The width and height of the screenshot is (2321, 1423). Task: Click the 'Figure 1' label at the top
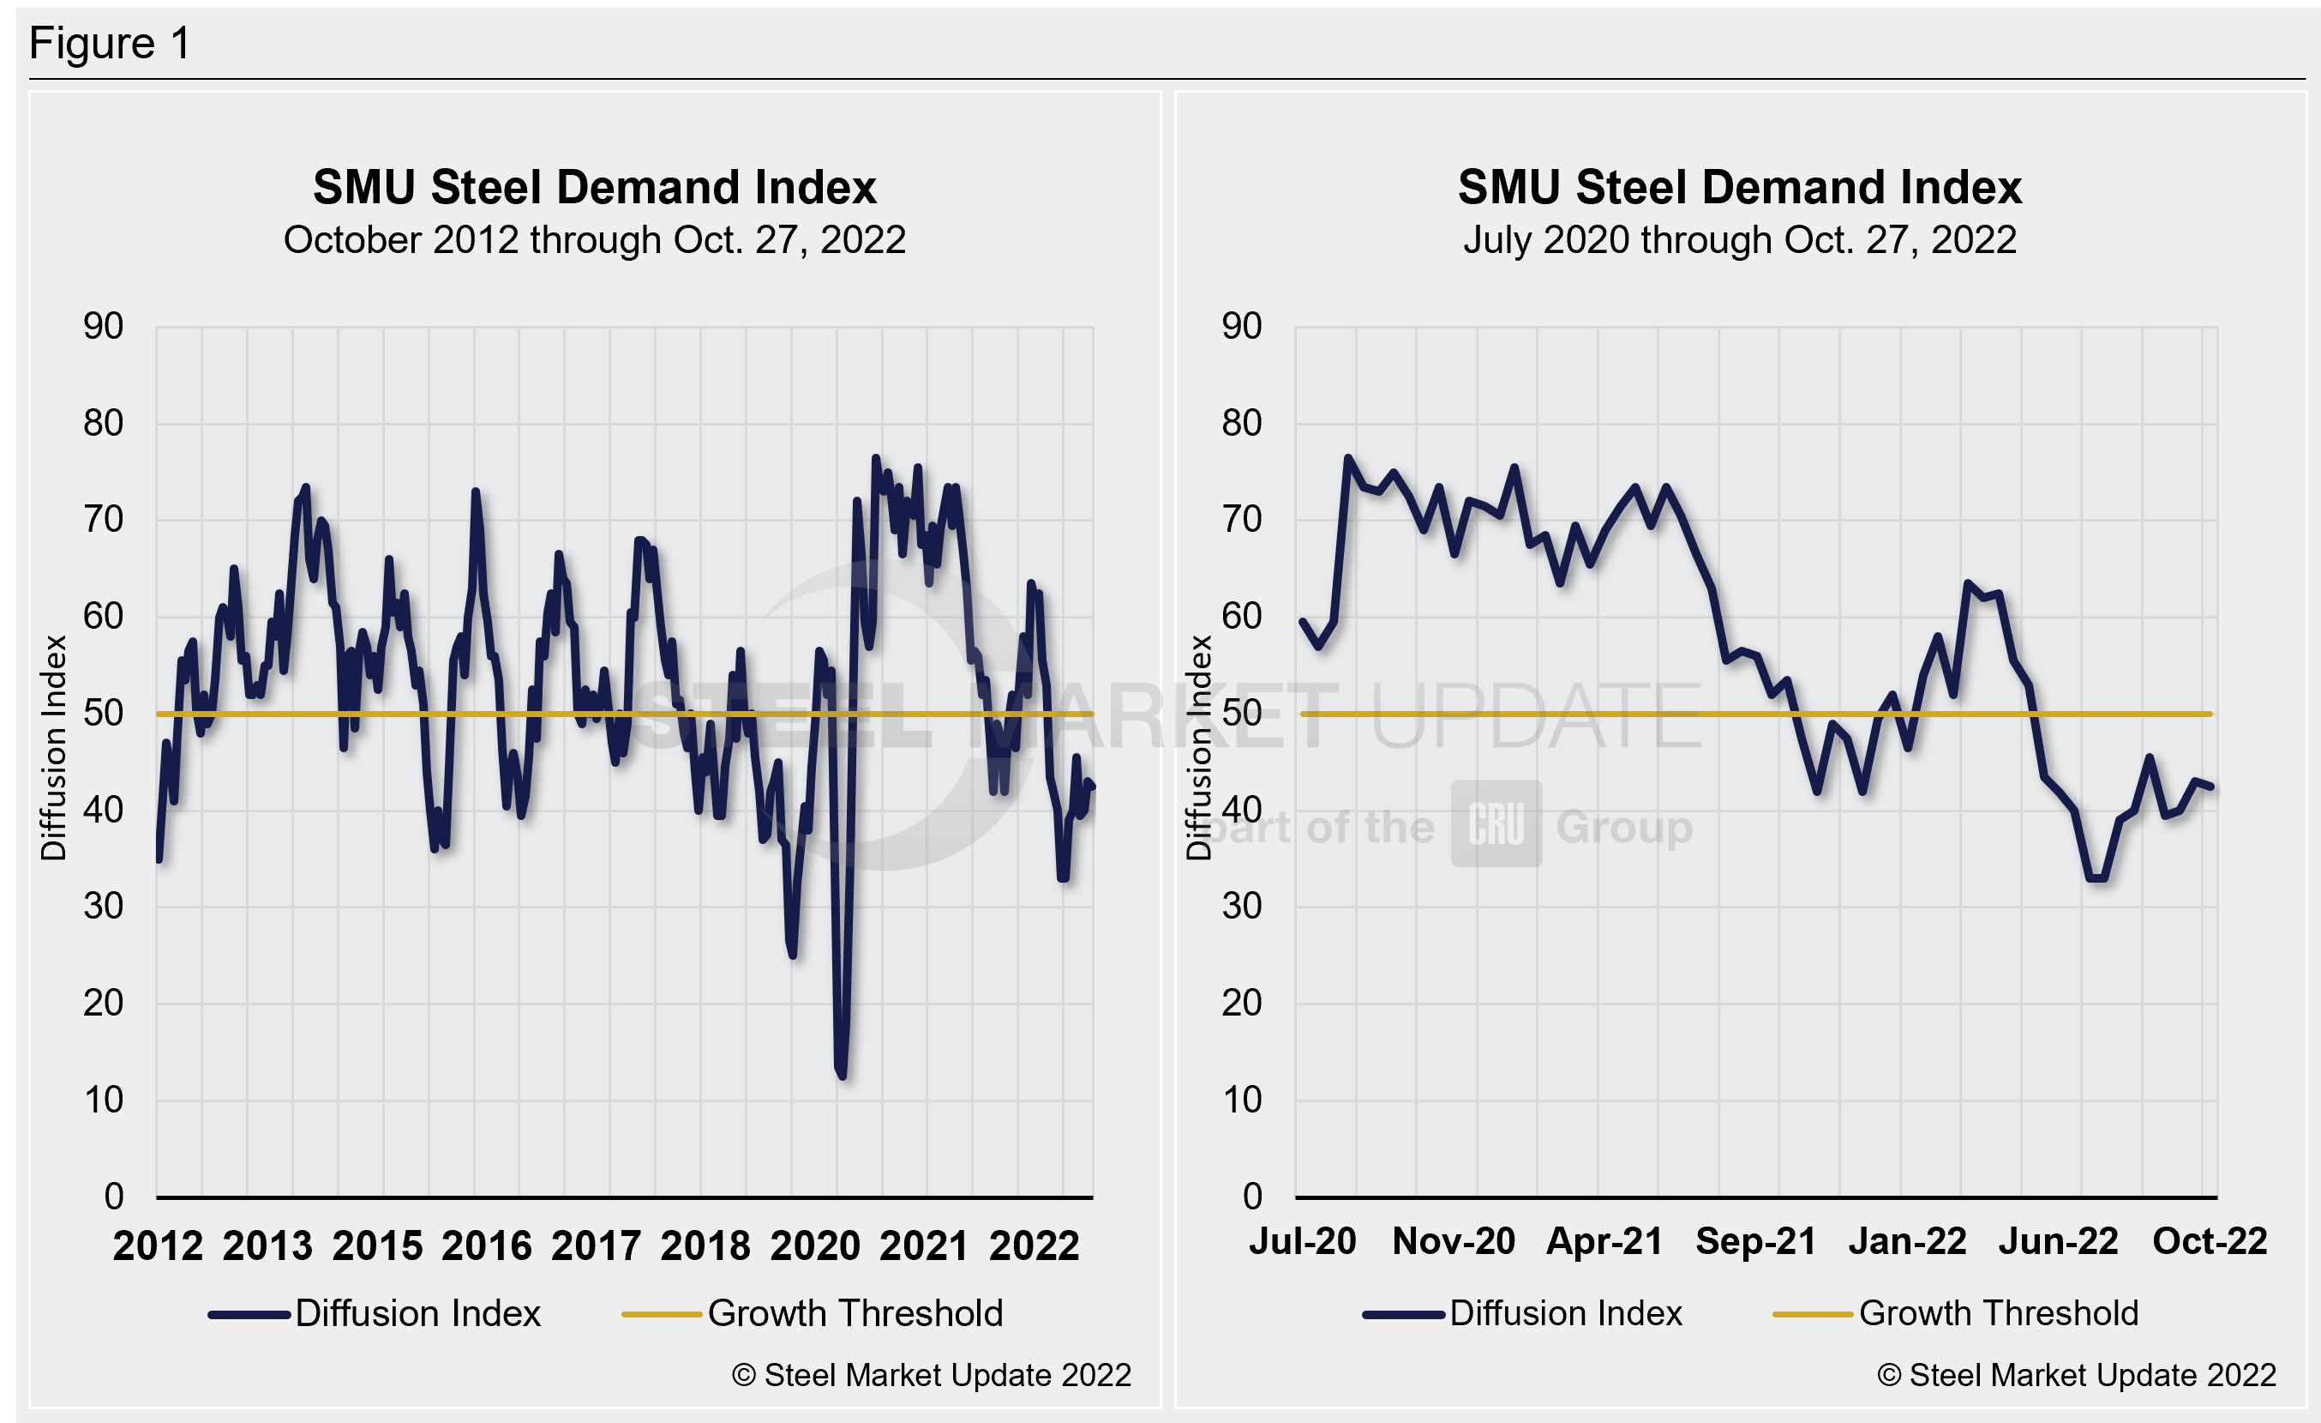pos(111,44)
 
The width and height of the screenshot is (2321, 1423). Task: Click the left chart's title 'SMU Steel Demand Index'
pos(594,187)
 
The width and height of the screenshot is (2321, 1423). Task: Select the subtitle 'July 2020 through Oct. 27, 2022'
pos(1739,239)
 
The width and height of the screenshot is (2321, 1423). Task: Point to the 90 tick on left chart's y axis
pos(104,326)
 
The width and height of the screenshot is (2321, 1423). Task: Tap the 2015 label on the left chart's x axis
pos(377,1245)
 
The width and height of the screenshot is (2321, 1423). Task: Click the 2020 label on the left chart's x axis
pos(815,1245)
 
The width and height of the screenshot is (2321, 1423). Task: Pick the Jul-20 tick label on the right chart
pos(1303,1241)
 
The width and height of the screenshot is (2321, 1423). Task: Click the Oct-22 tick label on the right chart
pos(2210,1241)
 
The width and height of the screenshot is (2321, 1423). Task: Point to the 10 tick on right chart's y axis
pos(1242,1100)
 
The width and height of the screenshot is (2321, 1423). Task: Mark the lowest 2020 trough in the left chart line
pos(841,1074)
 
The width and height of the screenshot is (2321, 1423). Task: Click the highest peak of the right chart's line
pos(1348,459)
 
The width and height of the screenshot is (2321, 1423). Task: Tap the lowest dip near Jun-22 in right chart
pos(2096,877)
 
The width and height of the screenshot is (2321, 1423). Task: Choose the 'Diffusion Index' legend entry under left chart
pos(417,1314)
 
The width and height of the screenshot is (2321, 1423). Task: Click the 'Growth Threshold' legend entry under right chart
pos(1998,1314)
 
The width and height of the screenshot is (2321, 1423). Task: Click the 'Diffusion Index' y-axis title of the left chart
pos(54,747)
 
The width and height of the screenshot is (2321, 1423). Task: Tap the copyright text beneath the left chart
pos(931,1375)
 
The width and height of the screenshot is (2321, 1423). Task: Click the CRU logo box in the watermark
pos(1496,823)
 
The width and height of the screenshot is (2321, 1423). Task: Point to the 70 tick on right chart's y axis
pos(1242,519)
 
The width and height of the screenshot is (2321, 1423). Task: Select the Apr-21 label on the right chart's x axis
pos(1604,1241)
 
